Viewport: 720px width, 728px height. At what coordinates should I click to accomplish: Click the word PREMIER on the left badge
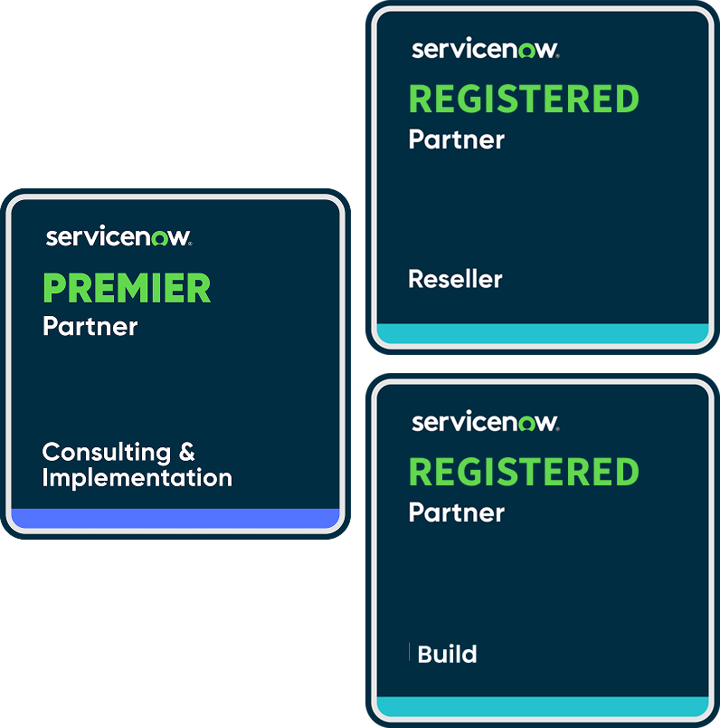tap(127, 289)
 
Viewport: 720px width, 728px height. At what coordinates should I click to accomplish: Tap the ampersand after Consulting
tap(186, 451)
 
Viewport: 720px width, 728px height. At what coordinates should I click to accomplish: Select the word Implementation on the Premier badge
tap(137, 477)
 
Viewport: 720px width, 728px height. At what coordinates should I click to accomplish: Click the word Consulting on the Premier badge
tap(106, 451)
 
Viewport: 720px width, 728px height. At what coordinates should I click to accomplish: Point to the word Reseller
tap(455, 279)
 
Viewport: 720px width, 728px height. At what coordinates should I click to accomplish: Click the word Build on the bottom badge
tap(448, 654)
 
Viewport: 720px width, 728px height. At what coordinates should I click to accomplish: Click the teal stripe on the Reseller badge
tap(542, 333)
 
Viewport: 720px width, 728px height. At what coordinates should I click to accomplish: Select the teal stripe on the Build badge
tap(542, 706)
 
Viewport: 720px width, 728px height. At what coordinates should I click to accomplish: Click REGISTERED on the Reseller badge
tap(524, 100)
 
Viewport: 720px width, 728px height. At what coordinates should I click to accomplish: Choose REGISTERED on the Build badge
tap(524, 473)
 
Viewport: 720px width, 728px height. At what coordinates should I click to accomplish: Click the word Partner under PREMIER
tap(90, 326)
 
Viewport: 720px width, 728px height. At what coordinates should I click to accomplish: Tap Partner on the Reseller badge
tap(457, 139)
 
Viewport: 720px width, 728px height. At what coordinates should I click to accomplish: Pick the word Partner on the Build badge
tap(457, 512)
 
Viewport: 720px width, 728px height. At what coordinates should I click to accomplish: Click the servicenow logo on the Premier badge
tap(118, 238)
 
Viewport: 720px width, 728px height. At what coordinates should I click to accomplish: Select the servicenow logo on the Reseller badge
tap(485, 49)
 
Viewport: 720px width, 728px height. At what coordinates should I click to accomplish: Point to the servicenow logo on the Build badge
tap(485, 422)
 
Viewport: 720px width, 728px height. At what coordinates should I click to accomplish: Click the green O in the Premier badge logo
tap(160, 239)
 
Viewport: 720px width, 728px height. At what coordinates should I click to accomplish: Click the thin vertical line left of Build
tap(410, 652)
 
